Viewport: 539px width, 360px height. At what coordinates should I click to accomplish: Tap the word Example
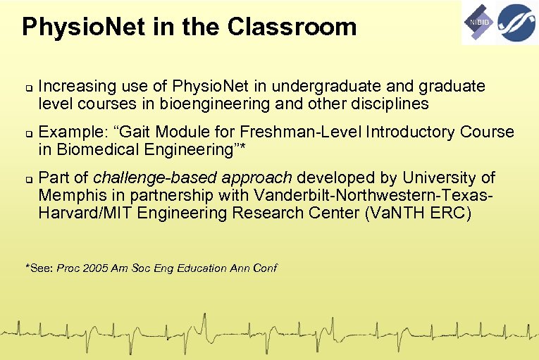69,132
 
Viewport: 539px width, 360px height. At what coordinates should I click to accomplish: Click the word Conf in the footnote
264,268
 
